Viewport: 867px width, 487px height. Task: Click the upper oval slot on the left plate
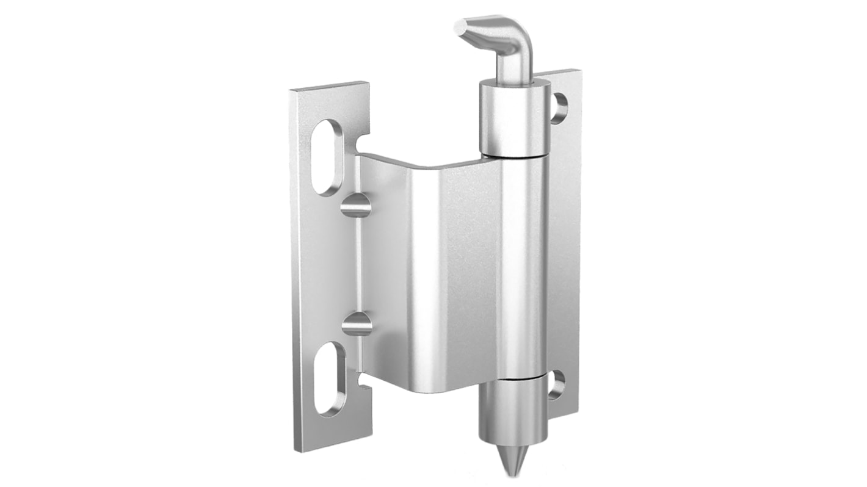[328, 157]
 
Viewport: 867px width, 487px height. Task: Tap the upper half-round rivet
[356, 205]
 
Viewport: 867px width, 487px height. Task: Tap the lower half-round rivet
[357, 323]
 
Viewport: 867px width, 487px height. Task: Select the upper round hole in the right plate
[559, 108]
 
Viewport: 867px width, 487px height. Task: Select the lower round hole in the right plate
[556, 385]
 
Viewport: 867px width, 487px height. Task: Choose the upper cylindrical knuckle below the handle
[514, 116]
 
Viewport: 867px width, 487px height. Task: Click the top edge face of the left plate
[330, 87]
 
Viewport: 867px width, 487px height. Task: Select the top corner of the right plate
[576, 72]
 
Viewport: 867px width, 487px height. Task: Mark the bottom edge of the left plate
[333, 444]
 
